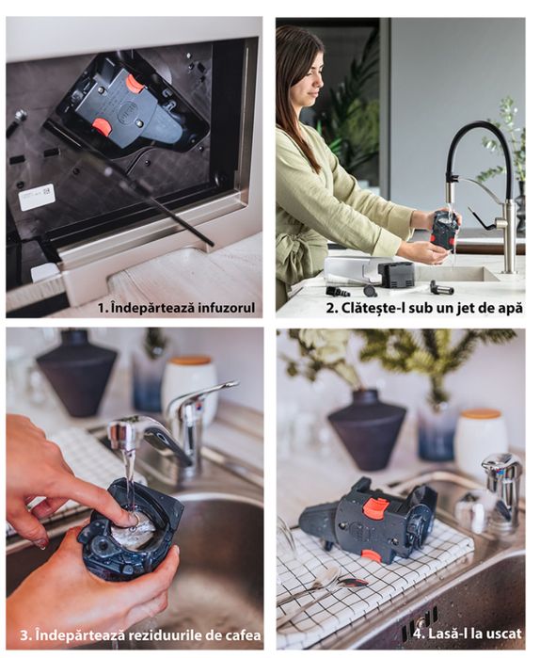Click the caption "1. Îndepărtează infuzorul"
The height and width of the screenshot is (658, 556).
(176, 307)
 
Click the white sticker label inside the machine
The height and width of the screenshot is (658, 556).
(37, 197)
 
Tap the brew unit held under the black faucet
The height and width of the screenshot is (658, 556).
(445, 229)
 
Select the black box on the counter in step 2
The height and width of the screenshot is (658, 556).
(397, 274)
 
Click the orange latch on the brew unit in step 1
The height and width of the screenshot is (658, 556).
(135, 84)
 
